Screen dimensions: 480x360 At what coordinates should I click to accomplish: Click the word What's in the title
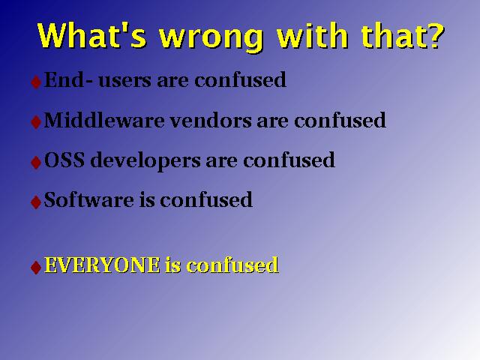coord(91,35)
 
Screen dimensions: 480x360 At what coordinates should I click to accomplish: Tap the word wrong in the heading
coord(211,38)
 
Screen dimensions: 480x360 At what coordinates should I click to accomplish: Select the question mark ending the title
coord(433,35)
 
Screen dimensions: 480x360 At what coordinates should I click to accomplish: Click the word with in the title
coord(312,35)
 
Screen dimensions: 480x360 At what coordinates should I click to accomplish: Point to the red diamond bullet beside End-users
coord(36,82)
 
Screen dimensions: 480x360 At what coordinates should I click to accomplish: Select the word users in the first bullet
coord(124,81)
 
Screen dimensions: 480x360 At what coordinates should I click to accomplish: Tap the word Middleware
coord(104,120)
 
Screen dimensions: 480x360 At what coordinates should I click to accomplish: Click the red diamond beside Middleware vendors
coord(36,122)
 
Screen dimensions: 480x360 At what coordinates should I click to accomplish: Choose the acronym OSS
coord(64,160)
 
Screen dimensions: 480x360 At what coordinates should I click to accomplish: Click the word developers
coord(145,161)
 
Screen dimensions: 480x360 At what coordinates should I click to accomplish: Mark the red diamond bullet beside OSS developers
coord(36,162)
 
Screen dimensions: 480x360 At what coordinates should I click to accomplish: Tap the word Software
coord(88,199)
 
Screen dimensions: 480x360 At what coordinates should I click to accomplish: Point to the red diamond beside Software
coord(36,202)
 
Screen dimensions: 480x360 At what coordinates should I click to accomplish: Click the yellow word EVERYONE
coord(102,265)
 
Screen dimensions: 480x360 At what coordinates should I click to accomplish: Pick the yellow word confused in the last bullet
coord(232,265)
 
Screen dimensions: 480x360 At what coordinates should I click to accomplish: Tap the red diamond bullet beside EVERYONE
coord(36,267)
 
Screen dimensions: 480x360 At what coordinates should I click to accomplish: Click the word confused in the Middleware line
coord(340,120)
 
